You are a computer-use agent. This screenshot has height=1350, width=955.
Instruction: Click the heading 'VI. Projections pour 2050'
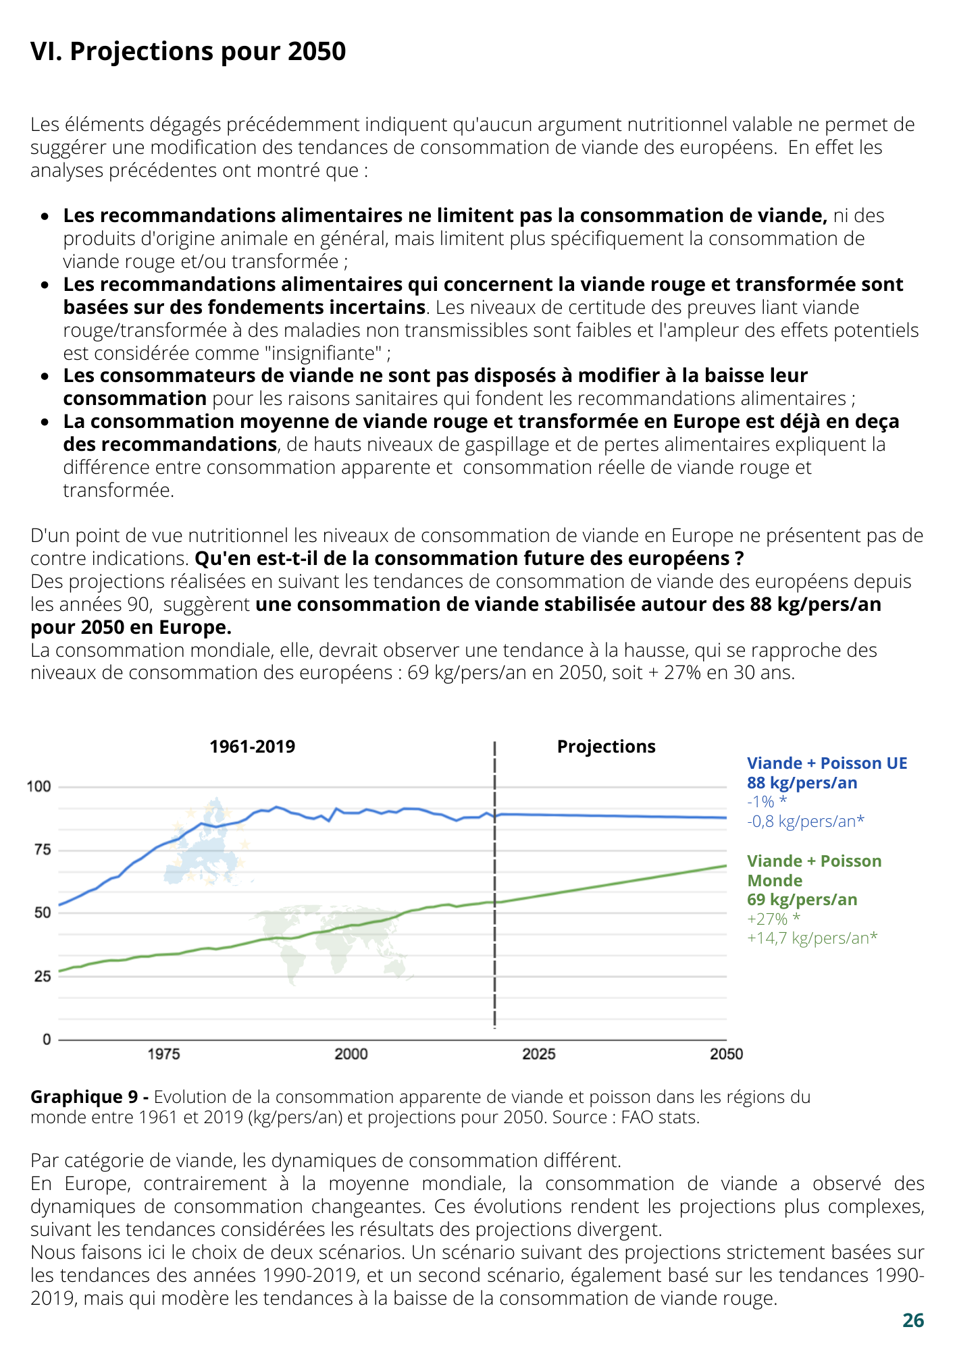[x=188, y=51]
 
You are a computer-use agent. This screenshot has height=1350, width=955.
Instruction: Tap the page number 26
[x=913, y=1320]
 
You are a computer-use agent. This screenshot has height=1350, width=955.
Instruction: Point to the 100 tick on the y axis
[x=38, y=786]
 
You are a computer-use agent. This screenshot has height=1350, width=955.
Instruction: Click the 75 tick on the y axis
[x=43, y=850]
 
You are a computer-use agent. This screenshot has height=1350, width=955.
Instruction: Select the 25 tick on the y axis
[x=43, y=976]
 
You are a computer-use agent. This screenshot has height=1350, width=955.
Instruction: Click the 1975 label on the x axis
[x=163, y=1054]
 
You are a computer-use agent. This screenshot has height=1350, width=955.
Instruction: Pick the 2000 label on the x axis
[x=351, y=1054]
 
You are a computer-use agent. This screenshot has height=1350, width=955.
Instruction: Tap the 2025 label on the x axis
[x=539, y=1054]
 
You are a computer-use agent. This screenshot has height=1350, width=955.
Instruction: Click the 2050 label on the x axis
[x=727, y=1054]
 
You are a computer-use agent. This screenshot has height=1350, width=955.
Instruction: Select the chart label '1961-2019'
[x=253, y=747]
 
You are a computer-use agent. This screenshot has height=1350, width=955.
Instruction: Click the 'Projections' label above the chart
[x=606, y=747]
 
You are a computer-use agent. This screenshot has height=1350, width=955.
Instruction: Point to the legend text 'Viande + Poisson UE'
[x=827, y=763]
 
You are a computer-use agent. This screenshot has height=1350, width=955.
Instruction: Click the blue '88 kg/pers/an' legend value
[x=802, y=783]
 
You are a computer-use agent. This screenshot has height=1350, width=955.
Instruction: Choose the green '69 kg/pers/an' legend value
[x=802, y=900]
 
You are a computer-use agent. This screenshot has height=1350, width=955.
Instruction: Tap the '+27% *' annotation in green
[x=774, y=919]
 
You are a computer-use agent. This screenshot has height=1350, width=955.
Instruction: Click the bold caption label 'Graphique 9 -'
[x=90, y=1097]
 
